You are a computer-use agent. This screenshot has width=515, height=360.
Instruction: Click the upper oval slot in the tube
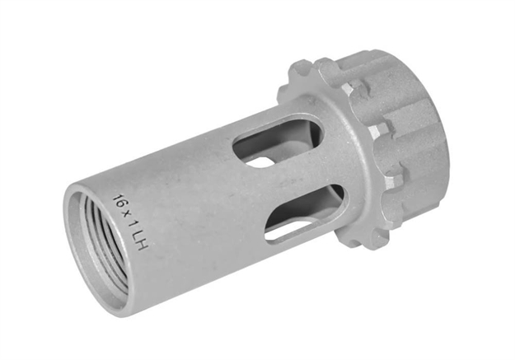(276, 140)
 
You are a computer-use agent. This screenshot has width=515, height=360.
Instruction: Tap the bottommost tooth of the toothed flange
(375, 240)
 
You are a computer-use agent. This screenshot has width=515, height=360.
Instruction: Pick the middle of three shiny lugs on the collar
(377, 130)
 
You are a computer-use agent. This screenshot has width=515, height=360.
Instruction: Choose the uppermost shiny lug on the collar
(349, 88)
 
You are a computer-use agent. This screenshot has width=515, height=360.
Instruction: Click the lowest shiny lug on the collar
(395, 175)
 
